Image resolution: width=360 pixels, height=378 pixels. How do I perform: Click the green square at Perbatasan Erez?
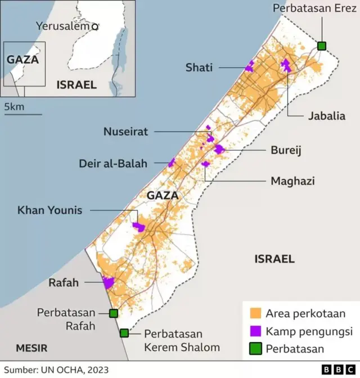[322, 46]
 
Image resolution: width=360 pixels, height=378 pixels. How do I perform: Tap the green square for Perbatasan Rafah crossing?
[114, 313]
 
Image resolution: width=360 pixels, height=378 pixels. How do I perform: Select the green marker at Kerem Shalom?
[124, 333]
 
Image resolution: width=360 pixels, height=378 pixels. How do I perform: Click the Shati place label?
[199, 67]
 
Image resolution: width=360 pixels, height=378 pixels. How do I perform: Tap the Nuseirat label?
[125, 132]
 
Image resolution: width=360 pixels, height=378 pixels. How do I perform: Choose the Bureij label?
[286, 150]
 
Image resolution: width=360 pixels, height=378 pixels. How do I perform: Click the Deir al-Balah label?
[113, 164]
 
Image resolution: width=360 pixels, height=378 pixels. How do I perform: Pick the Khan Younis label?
[49, 210]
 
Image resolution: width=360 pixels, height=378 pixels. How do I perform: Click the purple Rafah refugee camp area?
[108, 282]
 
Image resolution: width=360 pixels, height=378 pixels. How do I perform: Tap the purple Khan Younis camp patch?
[138, 227]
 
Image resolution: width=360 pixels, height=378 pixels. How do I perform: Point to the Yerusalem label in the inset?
[63, 26]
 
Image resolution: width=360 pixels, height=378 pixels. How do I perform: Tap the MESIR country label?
[31, 347]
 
